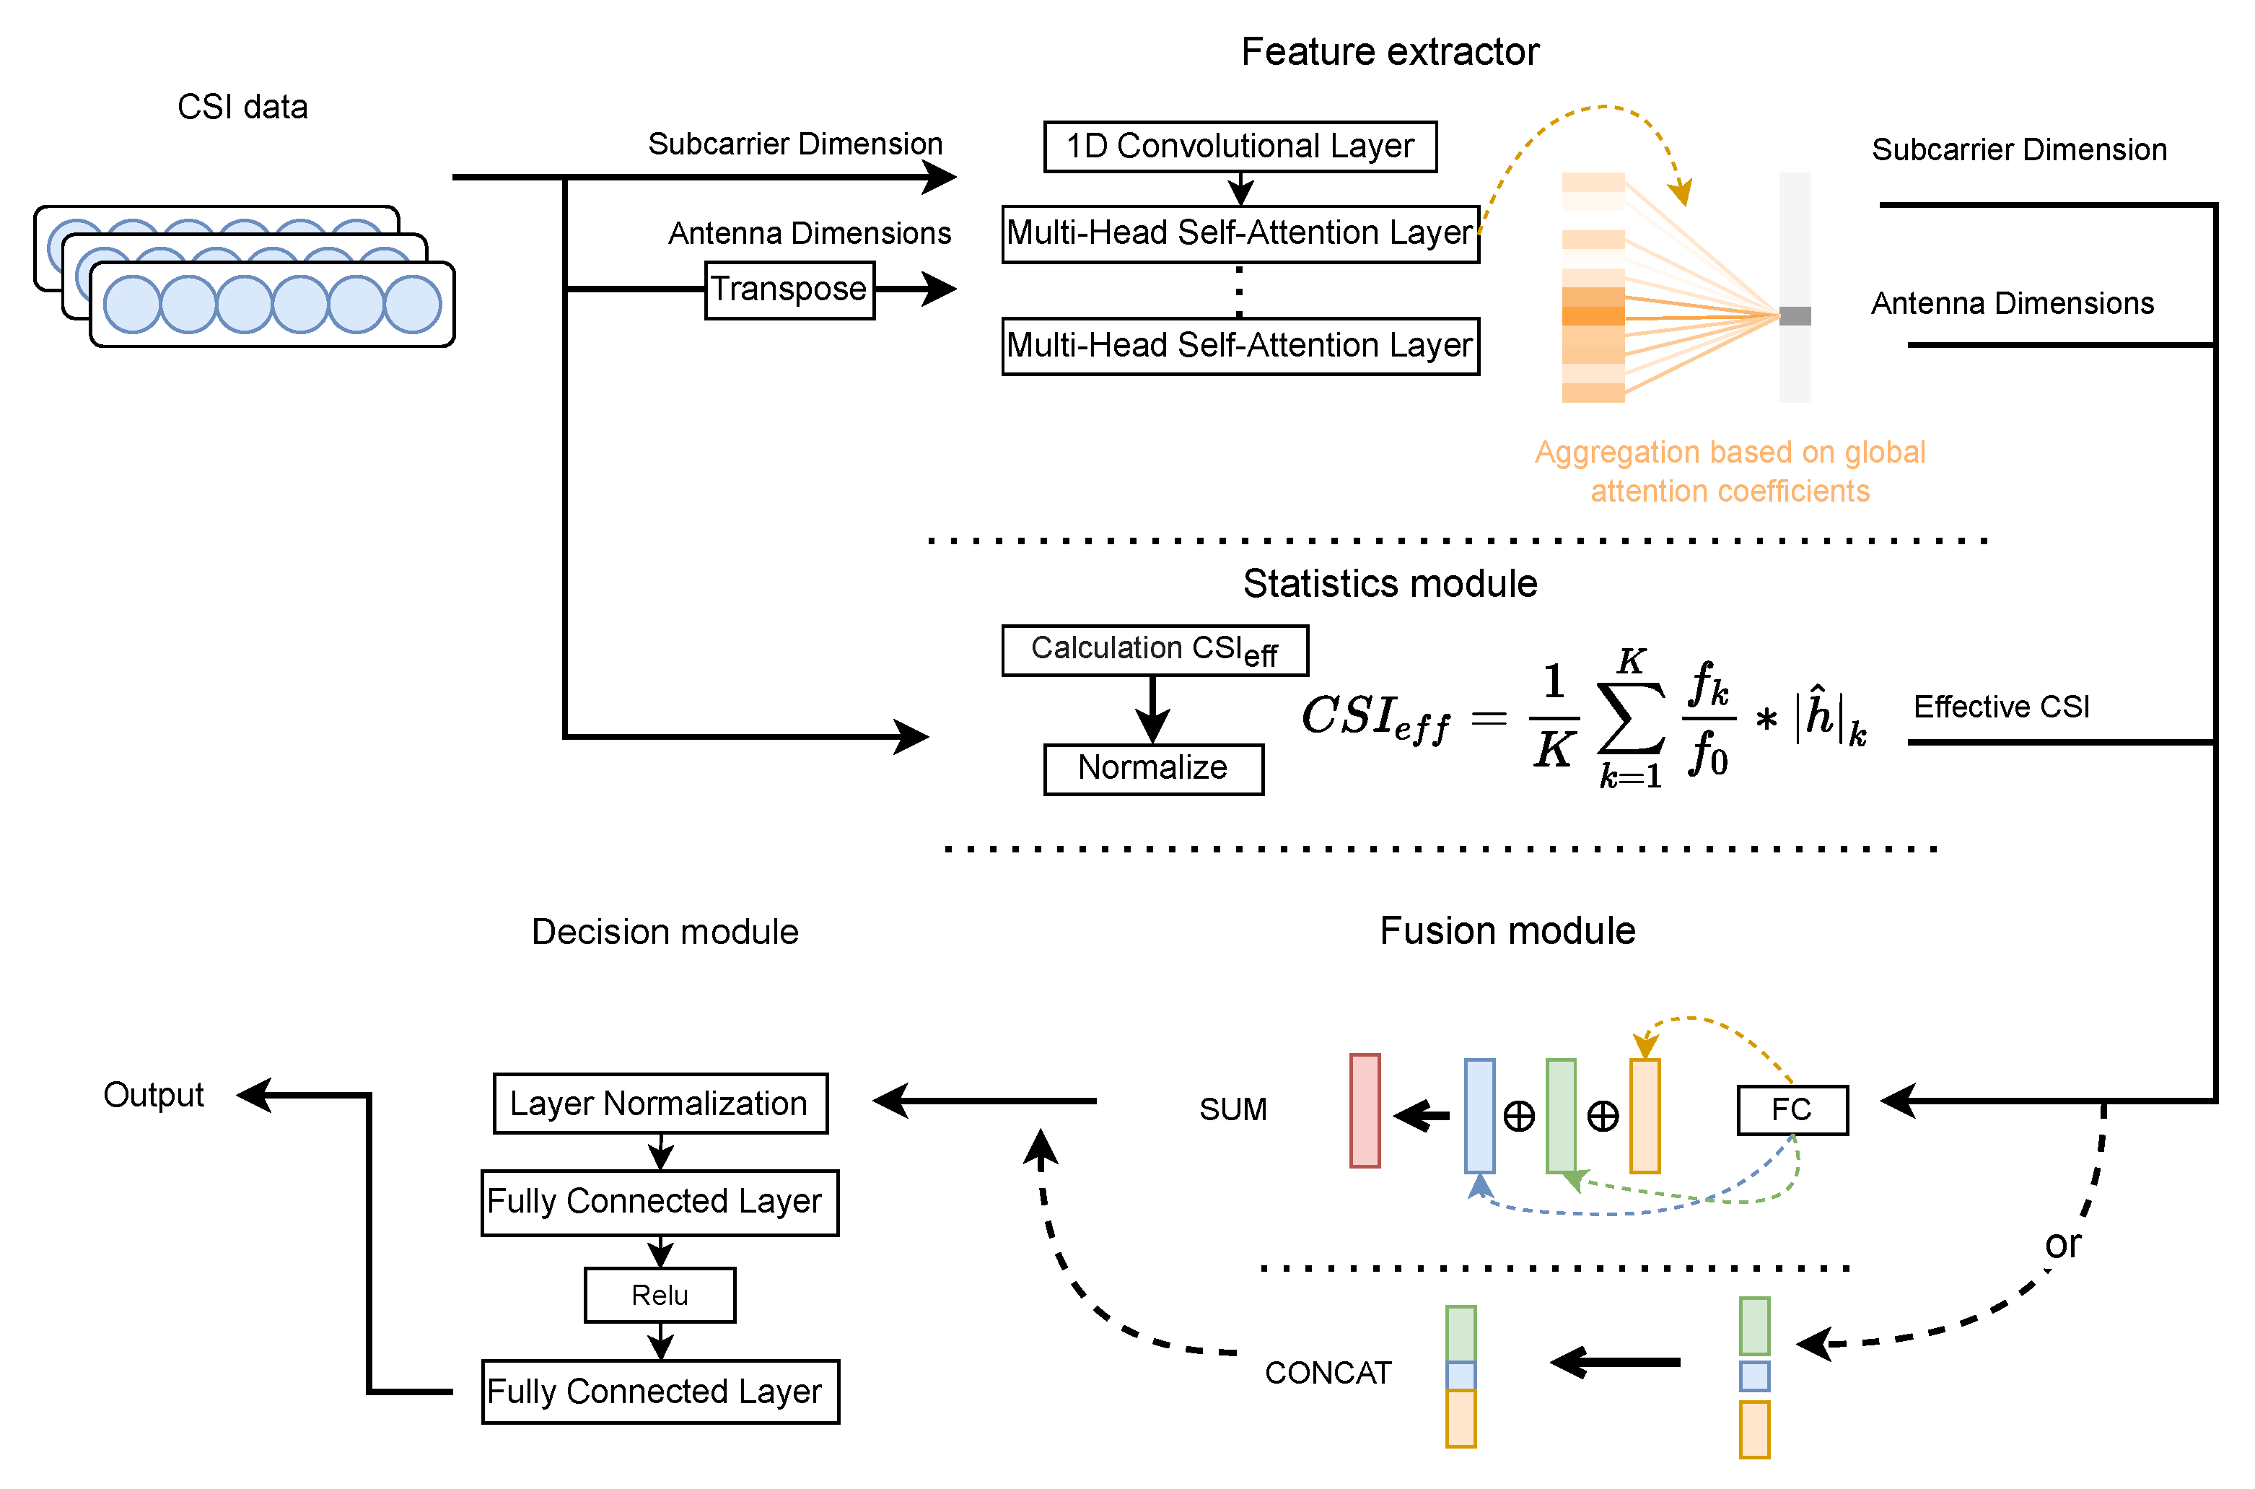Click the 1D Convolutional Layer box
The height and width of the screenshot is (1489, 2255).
tap(1239, 147)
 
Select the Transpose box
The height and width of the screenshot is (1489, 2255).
tap(789, 289)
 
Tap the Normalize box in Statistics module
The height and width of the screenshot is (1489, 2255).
tap(1152, 768)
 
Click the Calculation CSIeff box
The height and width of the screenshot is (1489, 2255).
tap(1155, 650)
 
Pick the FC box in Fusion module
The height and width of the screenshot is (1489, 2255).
tap(1792, 1109)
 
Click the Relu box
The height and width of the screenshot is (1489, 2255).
tap(660, 1296)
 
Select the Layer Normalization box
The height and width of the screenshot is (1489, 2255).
tap(660, 1104)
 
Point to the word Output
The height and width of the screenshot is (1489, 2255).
tap(153, 1095)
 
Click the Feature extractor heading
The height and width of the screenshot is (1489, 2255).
tap(1389, 52)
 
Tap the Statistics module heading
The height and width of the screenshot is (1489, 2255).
tap(1389, 583)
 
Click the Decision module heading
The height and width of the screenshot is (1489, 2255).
tap(665, 932)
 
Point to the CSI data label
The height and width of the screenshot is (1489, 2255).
tap(242, 106)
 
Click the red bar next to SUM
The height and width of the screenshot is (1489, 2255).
tap(1365, 1110)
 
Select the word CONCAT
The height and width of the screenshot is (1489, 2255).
tap(1327, 1372)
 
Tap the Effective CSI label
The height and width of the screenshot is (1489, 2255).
tap(2000, 707)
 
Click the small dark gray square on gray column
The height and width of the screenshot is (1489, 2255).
tap(1795, 316)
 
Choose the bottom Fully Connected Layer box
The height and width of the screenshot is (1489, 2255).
tap(660, 1392)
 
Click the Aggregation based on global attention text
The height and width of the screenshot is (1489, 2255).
tap(1729, 471)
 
